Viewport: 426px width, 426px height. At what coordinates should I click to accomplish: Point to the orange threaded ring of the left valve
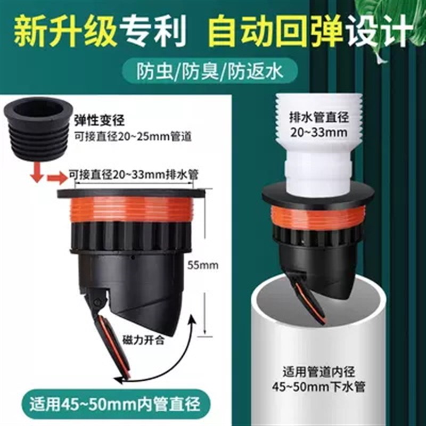click(130, 209)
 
